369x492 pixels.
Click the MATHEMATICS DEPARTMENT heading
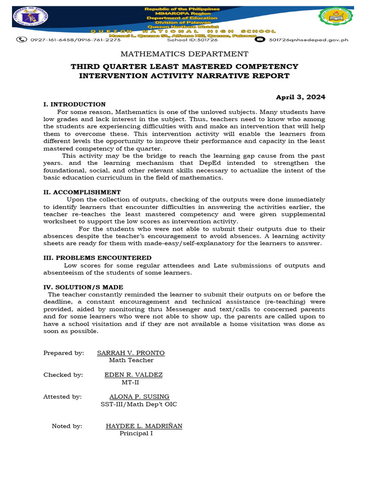point(184,54)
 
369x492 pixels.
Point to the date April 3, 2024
point(300,97)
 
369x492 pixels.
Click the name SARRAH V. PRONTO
point(131,353)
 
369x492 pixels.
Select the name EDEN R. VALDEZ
point(134,375)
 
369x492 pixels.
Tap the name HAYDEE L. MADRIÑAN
point(144,426)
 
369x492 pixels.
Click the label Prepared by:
point(63,353)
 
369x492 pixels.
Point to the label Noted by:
point(67,426)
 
